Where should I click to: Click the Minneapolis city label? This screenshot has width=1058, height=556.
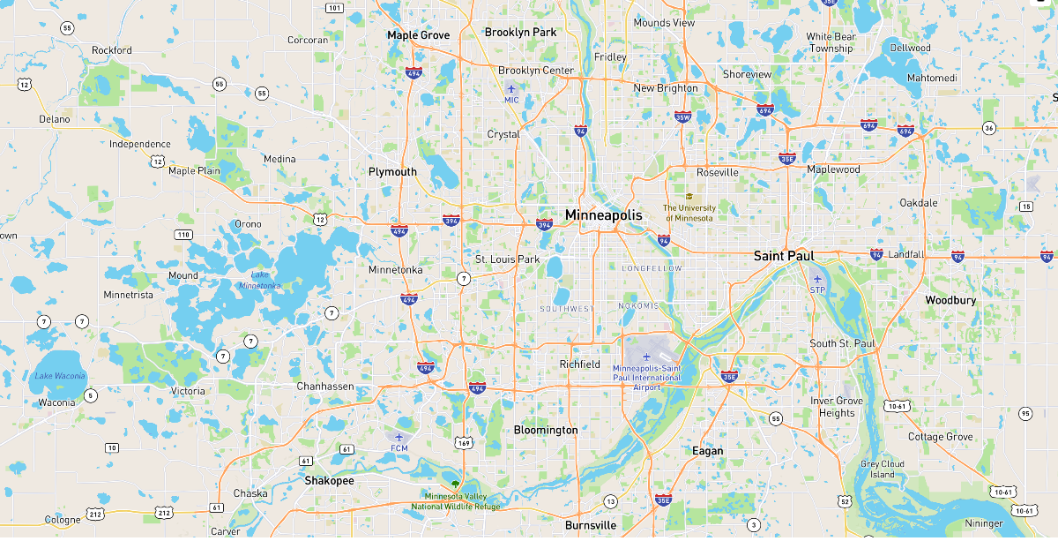(x=604, y=215)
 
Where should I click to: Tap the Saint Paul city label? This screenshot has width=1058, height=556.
(x=784, y=256)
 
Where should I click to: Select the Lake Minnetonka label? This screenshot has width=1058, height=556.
(x=259, y=280)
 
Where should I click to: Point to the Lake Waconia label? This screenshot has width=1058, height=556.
(x=60, y=376)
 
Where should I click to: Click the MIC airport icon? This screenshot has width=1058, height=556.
(x=511, y=88)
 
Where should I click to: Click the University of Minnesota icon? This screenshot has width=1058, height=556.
(x=689, y=197)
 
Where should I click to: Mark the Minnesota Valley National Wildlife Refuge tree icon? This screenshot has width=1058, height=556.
(x=455, y=485)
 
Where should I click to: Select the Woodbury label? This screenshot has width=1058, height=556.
(x=950, y=300)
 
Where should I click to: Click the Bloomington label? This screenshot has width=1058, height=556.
(x=546, y=430)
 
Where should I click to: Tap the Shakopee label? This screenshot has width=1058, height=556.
(x=329, y=481)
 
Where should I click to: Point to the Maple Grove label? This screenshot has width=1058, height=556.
(x=418, y=35)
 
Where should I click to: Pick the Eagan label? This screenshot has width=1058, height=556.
(x=707, y=451)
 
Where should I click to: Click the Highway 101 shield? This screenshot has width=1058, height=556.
(x=334, y=8)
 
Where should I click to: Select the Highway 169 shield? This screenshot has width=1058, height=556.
(x=464, y=442)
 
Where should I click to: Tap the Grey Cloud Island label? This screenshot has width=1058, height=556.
(x=883, y=469)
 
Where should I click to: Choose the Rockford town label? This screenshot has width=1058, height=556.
(x=112, y=50)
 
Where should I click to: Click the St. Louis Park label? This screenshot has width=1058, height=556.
(x=507, y=259)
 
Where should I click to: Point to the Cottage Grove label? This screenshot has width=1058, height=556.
(x=941, y=437)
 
